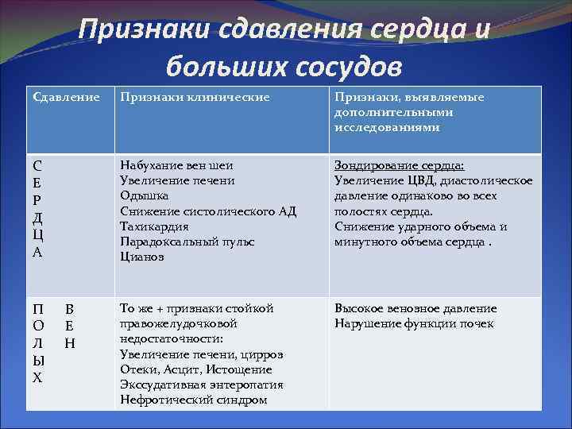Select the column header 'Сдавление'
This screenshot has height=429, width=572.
pyautogui.click(x=66, y=97)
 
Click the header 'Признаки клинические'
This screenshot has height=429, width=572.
pyautogui.click(x=195, y=97)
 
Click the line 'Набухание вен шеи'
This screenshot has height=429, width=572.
pyautogui.click(x=176, y=165)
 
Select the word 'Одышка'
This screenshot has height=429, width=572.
pyautogui.click(x=144, y=195)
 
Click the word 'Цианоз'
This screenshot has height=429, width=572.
pyautogui.click(x=142, y=256)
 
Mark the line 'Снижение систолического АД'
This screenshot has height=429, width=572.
pyautogui.click(x=207, y=211)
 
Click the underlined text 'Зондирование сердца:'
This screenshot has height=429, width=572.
pyautogui.click(x=400, y=165)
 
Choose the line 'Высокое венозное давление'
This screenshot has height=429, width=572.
pyautogui.click(x=415, y=308)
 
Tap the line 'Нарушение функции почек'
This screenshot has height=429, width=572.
pyautogui.click(x=414, y=323)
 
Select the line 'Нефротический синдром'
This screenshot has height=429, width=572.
pyautogui.click(x=193, y=400)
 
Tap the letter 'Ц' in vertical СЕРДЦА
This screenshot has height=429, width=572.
pyautogui.click(x=37, y=236)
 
